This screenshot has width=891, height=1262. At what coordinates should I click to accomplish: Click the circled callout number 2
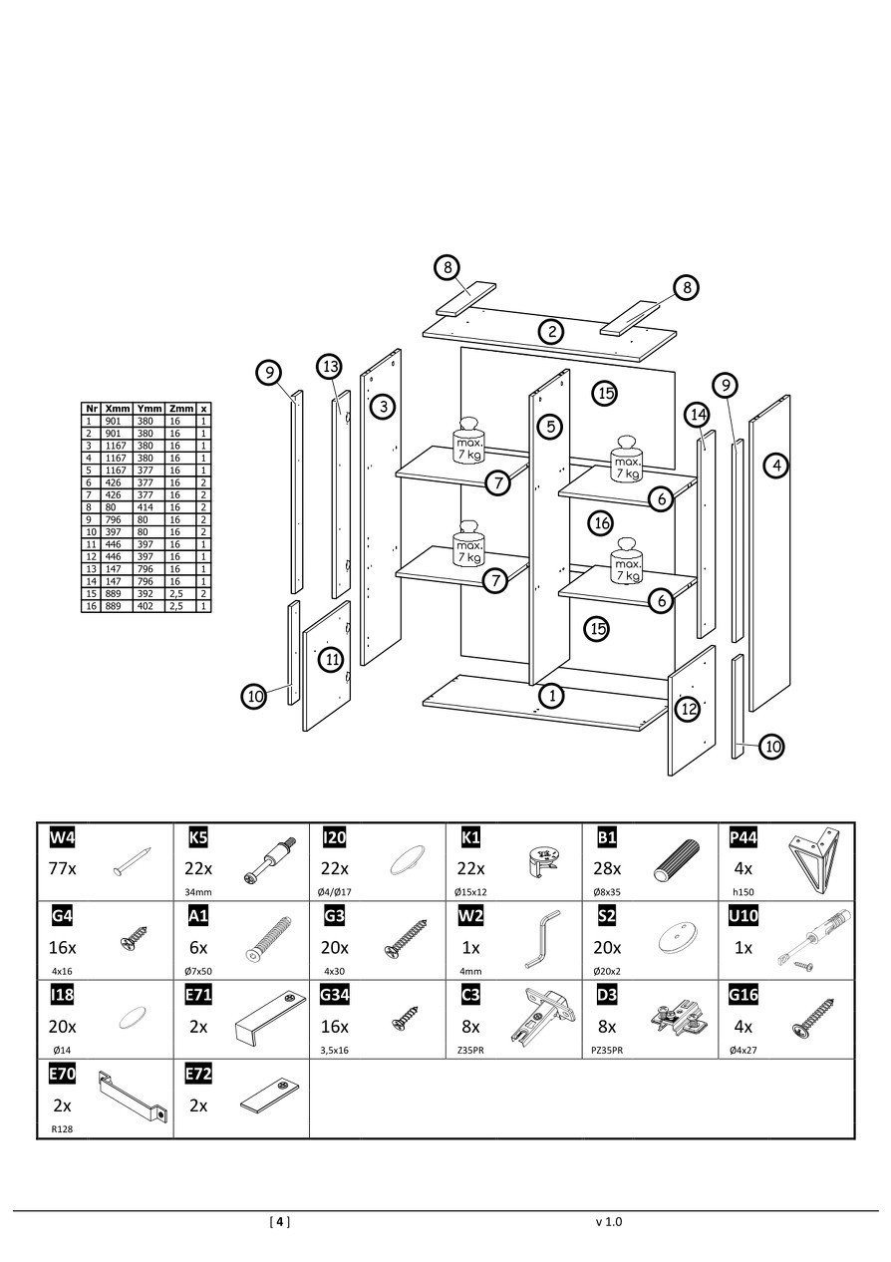coord(551,332)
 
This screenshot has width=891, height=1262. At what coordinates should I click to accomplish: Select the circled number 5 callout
coord(548,427)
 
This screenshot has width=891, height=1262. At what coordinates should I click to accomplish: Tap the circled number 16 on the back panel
coord(600,522)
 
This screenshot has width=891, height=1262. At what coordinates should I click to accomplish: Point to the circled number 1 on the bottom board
coord(551,694)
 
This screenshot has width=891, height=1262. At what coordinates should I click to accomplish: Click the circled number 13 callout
coord(332,367)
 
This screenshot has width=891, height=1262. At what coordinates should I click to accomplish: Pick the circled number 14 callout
coord(698,414)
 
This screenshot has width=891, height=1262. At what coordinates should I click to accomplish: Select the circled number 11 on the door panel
coord(331,659)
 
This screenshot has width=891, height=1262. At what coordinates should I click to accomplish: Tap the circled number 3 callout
coord(383,406)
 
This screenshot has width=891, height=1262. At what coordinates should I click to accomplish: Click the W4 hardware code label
coord(62,837)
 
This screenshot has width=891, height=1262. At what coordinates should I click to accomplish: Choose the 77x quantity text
coord(62,868)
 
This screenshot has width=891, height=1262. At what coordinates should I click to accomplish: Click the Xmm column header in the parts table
coord(117,408)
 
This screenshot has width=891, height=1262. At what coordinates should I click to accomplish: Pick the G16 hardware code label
coord(743,995)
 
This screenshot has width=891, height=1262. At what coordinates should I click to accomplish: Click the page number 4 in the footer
coord(280,1221)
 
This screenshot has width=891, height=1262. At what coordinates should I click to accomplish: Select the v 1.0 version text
coord(608,1221)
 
